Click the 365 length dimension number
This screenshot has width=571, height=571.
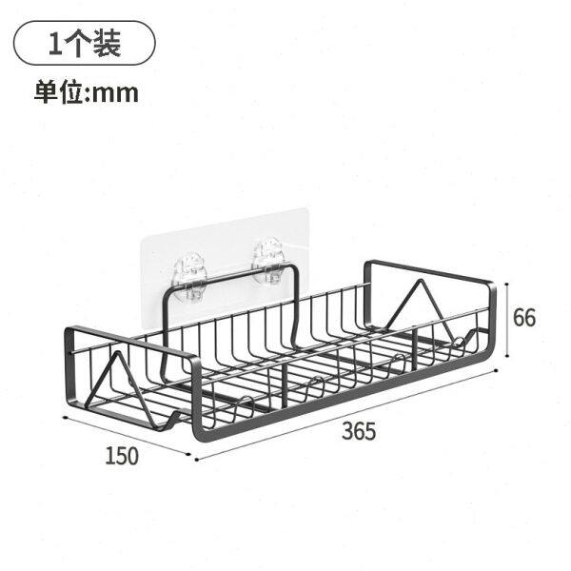pyautogui.click(x=360, y=431)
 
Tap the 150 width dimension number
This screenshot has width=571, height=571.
pyautogui.click(x=122, y=455)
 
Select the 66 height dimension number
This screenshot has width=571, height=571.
pyautogui.click(x=524, y=318)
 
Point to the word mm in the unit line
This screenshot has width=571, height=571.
pyautogui.click(x=117, y=92)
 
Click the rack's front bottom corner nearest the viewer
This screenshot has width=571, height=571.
pyautogui.click(x=199, y=437)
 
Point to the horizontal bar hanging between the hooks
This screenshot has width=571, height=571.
pyautogui.click(x=231, y=279)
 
